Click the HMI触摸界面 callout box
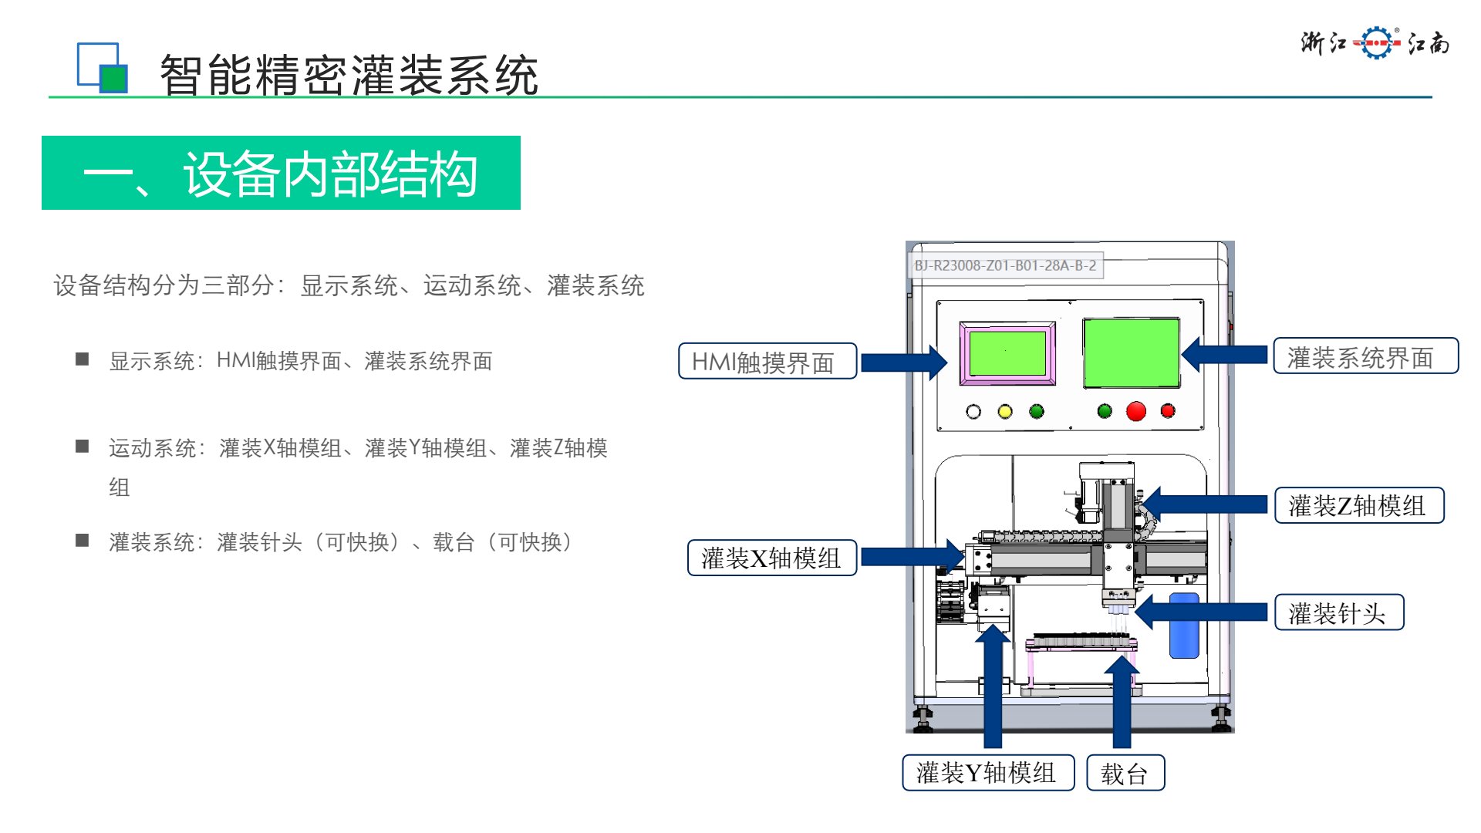pos(767,361)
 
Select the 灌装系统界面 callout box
pos(1365,356)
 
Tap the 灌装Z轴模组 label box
pos(1358,506)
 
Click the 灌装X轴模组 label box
pos(771,558)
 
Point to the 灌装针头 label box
pos(1338,613)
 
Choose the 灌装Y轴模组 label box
pos(987,773)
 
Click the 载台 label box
pos(1125,773)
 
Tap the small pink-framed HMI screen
pos(1007,353)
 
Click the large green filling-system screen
pos(1131,352)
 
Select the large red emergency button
pos(1135,411)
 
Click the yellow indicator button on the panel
pos(1004,412)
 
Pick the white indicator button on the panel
pos(973,412)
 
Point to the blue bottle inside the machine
pos(1184,626)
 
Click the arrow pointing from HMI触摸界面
pos(903,363)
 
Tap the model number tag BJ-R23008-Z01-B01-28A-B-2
pos(1005,265)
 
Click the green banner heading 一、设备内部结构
pos(281,173)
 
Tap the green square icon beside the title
pos(113,79)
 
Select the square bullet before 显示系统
pos(83,359)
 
